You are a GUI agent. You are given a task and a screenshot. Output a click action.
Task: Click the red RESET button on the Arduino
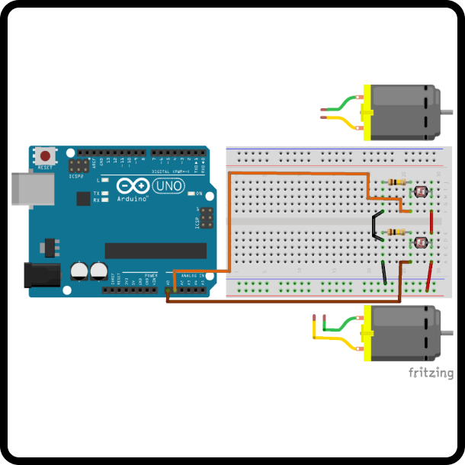pyautogui.click(x=46, y=156)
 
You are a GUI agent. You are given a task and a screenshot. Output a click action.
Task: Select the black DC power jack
pyautogui.click(x=43, y=274)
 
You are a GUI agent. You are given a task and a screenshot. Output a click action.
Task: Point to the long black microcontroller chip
pyautogui.click(x=156, y=251)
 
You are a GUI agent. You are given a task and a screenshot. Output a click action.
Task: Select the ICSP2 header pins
pyautogui.click(x=78, y=166)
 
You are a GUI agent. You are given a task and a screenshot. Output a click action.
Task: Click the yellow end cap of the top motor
pyautogui.click(x=367, y=112)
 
